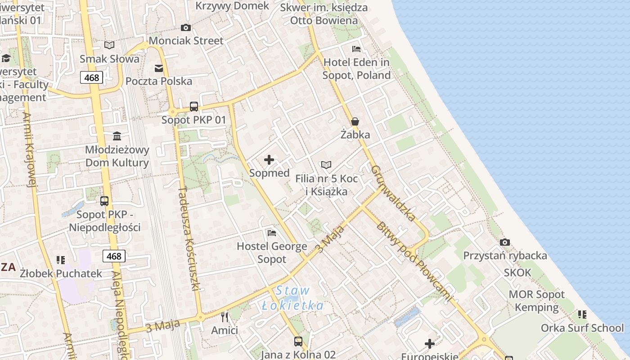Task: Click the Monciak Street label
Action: click(186, 40)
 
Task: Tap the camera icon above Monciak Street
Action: click(186, 27)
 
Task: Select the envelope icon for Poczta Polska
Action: click(159, 68)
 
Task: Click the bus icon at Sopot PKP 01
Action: click(194, 107)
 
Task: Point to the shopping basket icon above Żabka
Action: click(355, 121)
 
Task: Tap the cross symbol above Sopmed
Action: click(269, 160)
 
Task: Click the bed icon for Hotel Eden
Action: click(356, 49)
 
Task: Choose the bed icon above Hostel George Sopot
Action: click(272, 233)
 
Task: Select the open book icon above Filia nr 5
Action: click(326, 165)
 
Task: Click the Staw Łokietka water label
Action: click(292, 298)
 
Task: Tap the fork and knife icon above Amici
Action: click(225, 317)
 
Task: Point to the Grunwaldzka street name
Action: click(393, 193)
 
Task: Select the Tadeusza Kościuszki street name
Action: click(189, 238)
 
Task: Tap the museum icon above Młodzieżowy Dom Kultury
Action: click(117, 136)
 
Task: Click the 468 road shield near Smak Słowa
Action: click(92, 77)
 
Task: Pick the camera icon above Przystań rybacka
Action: click(505, 242)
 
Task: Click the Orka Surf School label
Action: click(582, 328)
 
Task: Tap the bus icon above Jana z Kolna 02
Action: click(298, 341)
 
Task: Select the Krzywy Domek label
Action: click(232, 6)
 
